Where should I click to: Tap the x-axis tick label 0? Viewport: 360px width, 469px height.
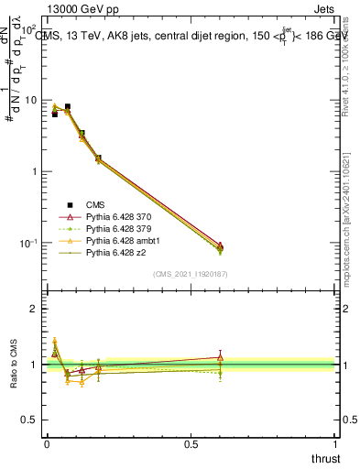click(46, 445)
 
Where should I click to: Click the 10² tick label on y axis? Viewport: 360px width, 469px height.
click(29, 28)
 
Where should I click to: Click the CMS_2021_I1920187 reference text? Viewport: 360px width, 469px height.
click(191, 273)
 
